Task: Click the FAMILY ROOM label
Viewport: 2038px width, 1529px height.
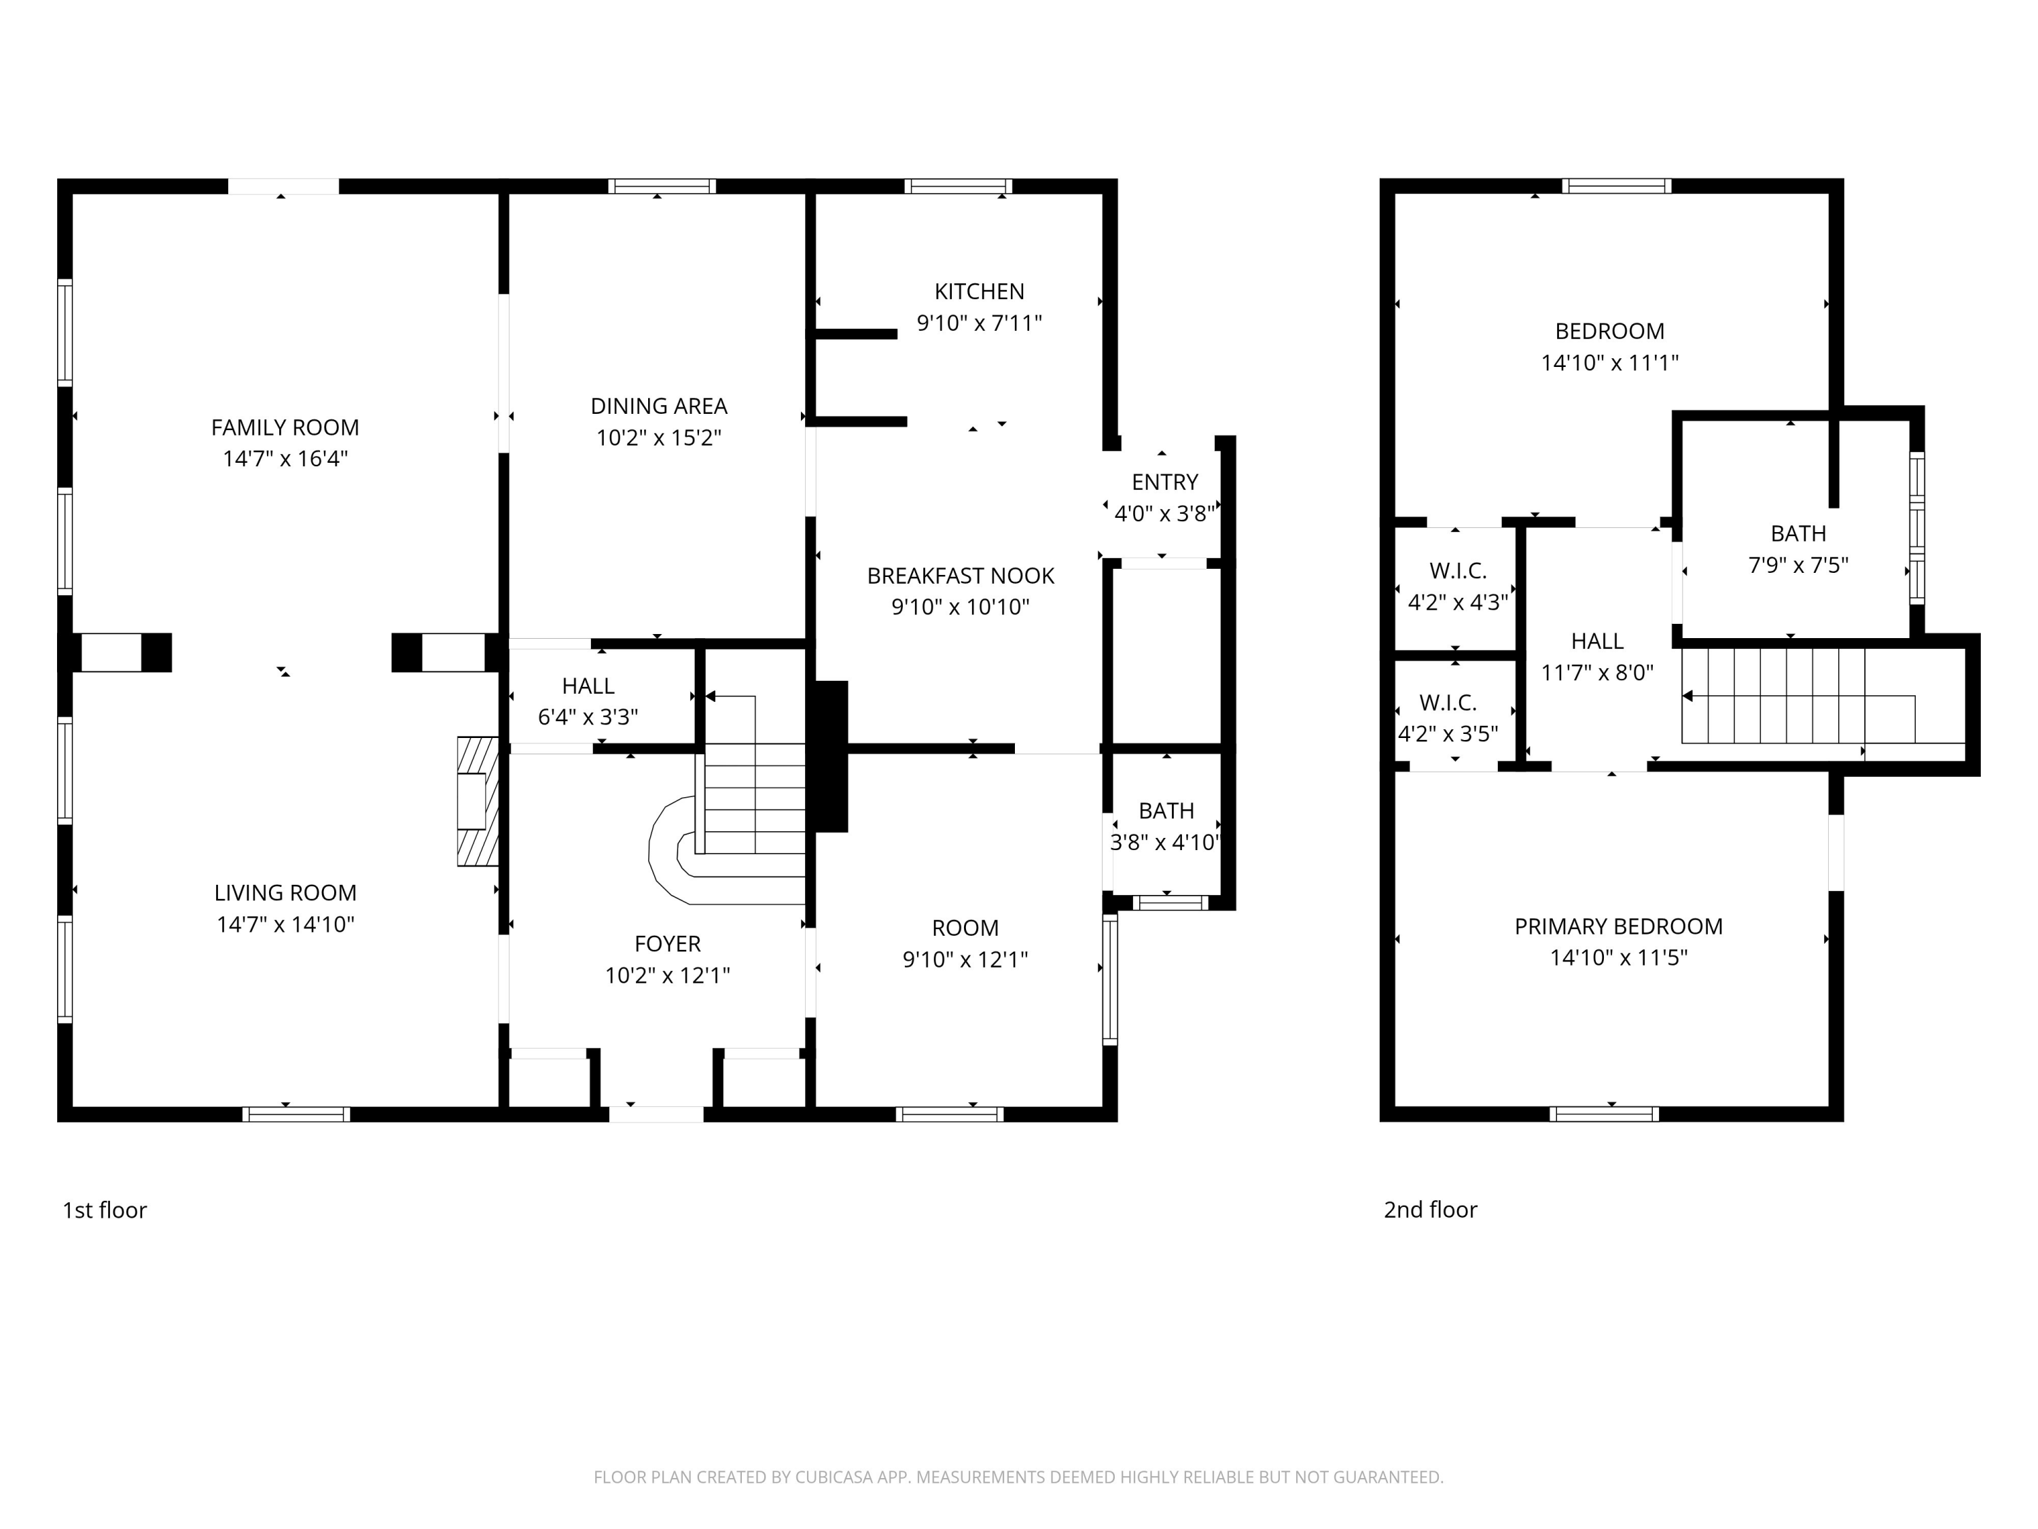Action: (285, 427)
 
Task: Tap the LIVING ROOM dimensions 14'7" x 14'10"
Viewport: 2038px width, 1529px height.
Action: (285, 924)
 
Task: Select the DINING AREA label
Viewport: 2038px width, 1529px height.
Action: (659, 406)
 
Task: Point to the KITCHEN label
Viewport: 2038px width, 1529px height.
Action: (980, 292)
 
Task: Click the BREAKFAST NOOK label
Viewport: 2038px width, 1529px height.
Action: (961, 576)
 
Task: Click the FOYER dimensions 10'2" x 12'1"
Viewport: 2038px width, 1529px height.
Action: (667, 975)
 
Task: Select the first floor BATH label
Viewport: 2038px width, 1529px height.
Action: (1166, 811)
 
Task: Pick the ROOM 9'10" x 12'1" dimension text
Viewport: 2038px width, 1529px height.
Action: (965, 960)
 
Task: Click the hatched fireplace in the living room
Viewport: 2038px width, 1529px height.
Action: (478, 801)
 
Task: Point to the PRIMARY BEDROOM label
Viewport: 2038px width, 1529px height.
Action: (1619, 926)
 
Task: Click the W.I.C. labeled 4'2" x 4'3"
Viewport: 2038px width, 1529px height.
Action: (1458, 587)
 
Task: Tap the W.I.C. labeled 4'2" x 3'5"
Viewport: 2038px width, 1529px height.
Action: (1448, 719)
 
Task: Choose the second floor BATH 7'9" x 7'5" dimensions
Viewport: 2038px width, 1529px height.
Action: (1798, 565)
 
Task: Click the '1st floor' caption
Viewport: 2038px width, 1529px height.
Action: (104, 1210)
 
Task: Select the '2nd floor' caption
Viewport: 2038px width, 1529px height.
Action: (1430, 1210)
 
